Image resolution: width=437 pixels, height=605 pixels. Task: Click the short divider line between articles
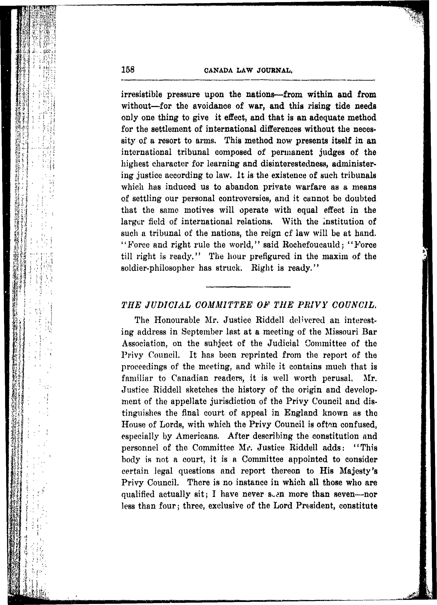click(248, 287)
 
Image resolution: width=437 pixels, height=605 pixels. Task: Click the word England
click(301, 413)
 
